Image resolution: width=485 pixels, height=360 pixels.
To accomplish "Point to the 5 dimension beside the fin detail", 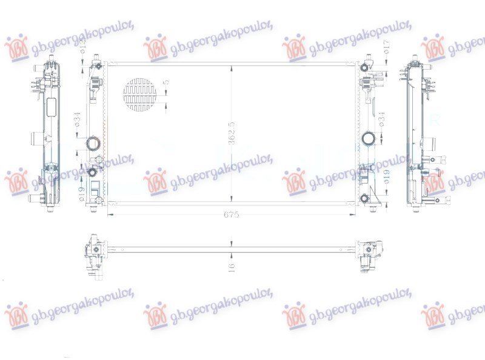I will click(x=167, y=82).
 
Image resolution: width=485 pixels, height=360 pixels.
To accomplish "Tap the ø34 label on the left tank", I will click(x=78, y=119).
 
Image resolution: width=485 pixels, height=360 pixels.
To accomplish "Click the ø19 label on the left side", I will click(x=82, y=193).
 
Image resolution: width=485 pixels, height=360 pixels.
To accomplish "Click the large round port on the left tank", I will click(x=94, y=144).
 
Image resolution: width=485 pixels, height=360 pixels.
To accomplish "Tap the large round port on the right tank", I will click(x=368, y=139).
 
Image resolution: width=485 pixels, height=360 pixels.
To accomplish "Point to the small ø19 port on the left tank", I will click(x=93, y=173).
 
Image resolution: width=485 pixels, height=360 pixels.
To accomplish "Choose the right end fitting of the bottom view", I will click(x=368, y=254).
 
